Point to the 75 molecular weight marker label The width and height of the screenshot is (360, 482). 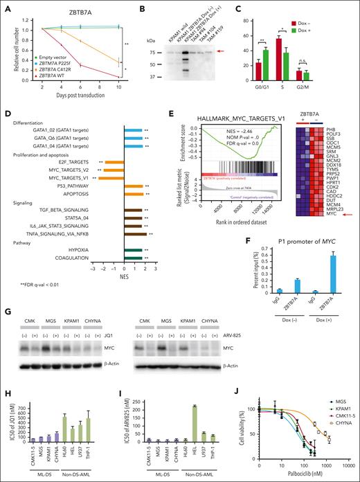point(157,51)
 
